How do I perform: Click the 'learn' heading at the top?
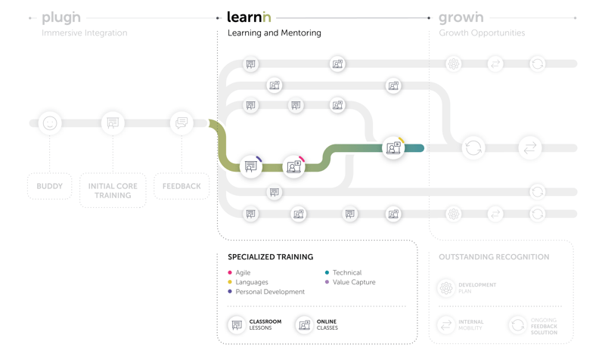click(249, 17)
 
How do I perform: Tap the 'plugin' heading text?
click(60, 17)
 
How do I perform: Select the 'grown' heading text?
click(461, 17)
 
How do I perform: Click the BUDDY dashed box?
click(50, 186)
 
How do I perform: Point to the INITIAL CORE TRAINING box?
click(113, 191)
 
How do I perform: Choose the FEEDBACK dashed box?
click(181, 186)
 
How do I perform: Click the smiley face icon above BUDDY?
click(50, 123)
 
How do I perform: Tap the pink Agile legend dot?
click(230, 272)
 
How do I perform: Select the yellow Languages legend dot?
click(230, 282)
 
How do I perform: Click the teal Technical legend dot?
click(327, 272)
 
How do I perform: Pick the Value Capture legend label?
click(354, 282)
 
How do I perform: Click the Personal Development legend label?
click(270, 292)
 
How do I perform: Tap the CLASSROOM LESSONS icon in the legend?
click(237, 325)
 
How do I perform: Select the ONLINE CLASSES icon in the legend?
click(304, 325)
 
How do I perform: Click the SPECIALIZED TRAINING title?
click(270, 257)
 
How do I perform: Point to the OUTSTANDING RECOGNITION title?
click(494, 257)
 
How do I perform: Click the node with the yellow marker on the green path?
click(393, 148)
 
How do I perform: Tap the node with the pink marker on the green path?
click(293, 166)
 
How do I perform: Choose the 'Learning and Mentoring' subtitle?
click(274, 33)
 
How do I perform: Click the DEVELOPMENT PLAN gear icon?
click(446, 288)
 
